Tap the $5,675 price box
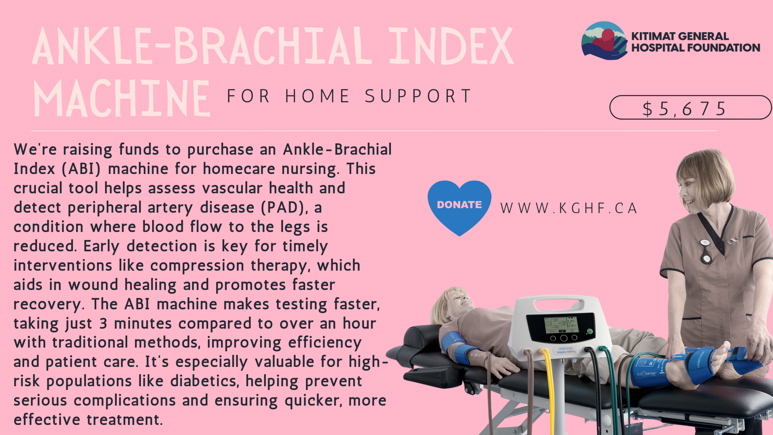690,108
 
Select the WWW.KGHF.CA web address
569,208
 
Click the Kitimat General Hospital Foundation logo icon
604,41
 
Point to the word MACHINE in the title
122,99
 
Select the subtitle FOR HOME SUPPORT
349,96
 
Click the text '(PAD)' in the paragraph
282,207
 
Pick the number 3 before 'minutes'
103,323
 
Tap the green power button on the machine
589,331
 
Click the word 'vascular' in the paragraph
232,188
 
